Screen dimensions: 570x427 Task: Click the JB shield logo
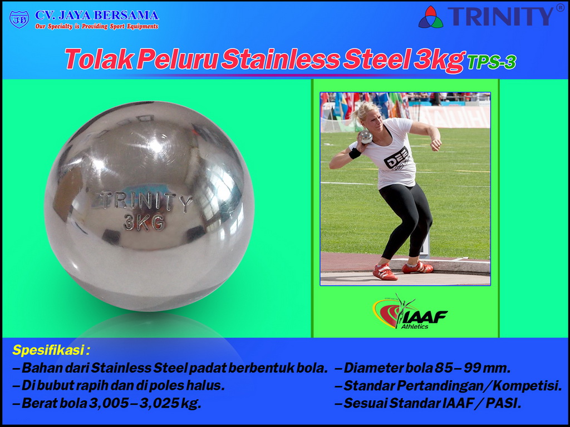click(19, 19)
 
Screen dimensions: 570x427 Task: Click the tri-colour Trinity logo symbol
click(431, 17)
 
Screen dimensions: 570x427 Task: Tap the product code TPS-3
click(492, 62)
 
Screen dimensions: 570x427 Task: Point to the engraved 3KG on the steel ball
click(144, 222)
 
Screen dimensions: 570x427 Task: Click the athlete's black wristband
click(355, 153)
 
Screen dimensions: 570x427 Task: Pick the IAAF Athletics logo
click(410, 311)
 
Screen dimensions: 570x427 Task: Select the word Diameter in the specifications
click(387, 368)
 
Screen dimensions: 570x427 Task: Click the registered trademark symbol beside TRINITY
click(560, 8)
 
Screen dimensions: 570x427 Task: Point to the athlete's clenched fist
click(436, 145)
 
